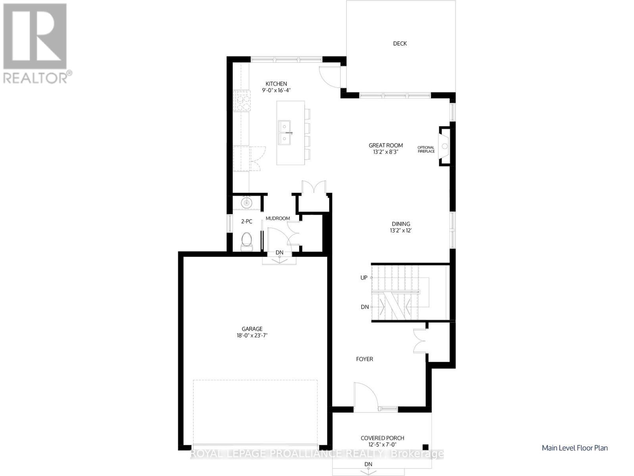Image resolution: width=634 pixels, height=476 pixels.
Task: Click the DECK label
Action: click(x=400, y=44)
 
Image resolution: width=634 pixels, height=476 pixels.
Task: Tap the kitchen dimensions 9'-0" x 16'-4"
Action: click(x=276, y=90)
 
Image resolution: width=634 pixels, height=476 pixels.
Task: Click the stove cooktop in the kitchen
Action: click(x=242, y=101)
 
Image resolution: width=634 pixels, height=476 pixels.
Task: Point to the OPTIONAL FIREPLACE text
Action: click(x=426, y=149)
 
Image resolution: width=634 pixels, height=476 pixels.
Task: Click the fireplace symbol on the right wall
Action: click(x=444, y=146)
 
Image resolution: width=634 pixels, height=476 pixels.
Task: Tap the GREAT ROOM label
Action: click(x=386, y=145)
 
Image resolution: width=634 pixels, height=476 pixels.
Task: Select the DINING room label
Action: click(x=401, y=224)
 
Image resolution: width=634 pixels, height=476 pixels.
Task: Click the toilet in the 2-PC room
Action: click(x=246, y=241)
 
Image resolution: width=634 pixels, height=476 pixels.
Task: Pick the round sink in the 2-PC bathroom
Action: click(x=246, y=203)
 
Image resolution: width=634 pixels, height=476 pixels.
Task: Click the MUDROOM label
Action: click(x=278, y=218)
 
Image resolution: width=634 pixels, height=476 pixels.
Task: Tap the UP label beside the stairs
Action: click(x=364, y=278)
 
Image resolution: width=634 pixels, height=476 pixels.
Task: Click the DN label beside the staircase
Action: click(x=365, y=307)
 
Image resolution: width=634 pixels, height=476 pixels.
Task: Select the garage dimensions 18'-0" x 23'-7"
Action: click(x=252, y=336)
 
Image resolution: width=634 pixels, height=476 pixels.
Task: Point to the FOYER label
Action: click(x=364, y=359)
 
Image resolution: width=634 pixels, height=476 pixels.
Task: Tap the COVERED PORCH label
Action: click(x=382, y=438)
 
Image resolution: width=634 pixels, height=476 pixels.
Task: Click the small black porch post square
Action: click(x=425, y=446)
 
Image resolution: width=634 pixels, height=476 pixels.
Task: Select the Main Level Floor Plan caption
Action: click(x=574, y=448)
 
